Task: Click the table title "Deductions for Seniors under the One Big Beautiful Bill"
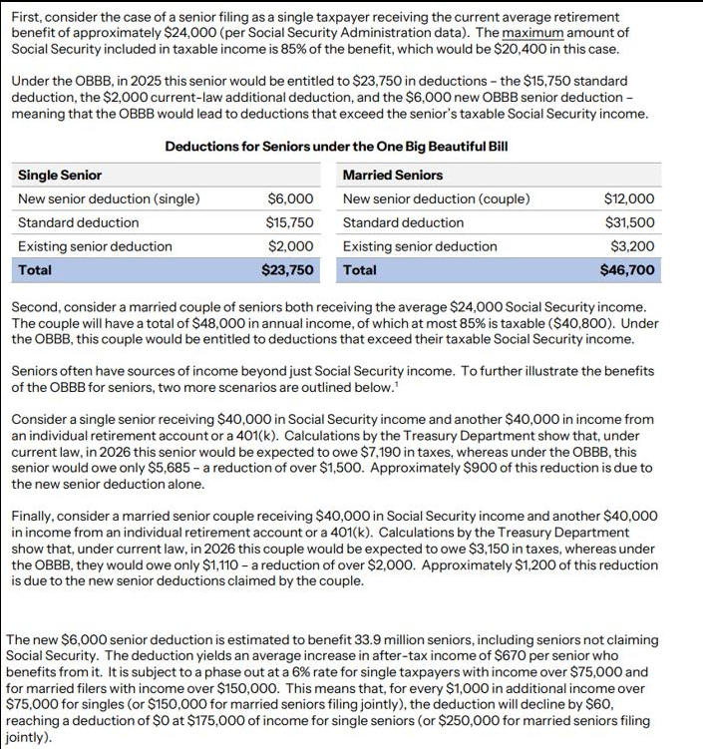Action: [336, 147]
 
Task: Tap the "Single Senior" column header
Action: [60, 176]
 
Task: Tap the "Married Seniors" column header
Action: [392, 176]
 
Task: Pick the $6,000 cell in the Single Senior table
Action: [291, 198]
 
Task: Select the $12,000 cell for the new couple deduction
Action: [629, 198]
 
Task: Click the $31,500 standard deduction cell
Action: [629, 222]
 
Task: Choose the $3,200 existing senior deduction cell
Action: [632, 246]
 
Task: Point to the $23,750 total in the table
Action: [287, 270]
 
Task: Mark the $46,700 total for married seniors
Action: [627, 270]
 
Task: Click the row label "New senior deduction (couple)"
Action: [436, 198]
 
